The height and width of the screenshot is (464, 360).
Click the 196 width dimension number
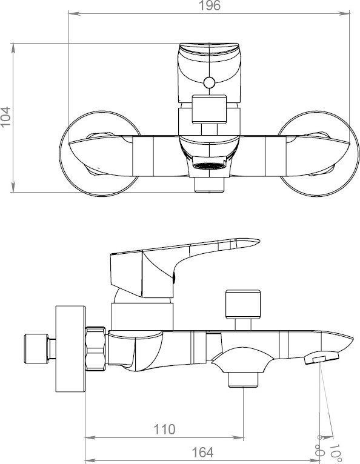tap(209, 5)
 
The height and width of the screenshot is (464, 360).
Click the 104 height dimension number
tap(5, 116)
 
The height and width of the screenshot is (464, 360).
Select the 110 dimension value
tap(164, 429)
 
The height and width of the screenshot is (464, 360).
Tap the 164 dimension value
tap(202, 452)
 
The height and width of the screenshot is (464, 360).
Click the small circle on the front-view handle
tap(209, 83)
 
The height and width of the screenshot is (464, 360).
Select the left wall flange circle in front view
tap(100, 153)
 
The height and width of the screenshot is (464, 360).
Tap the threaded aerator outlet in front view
tap(209, 166)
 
